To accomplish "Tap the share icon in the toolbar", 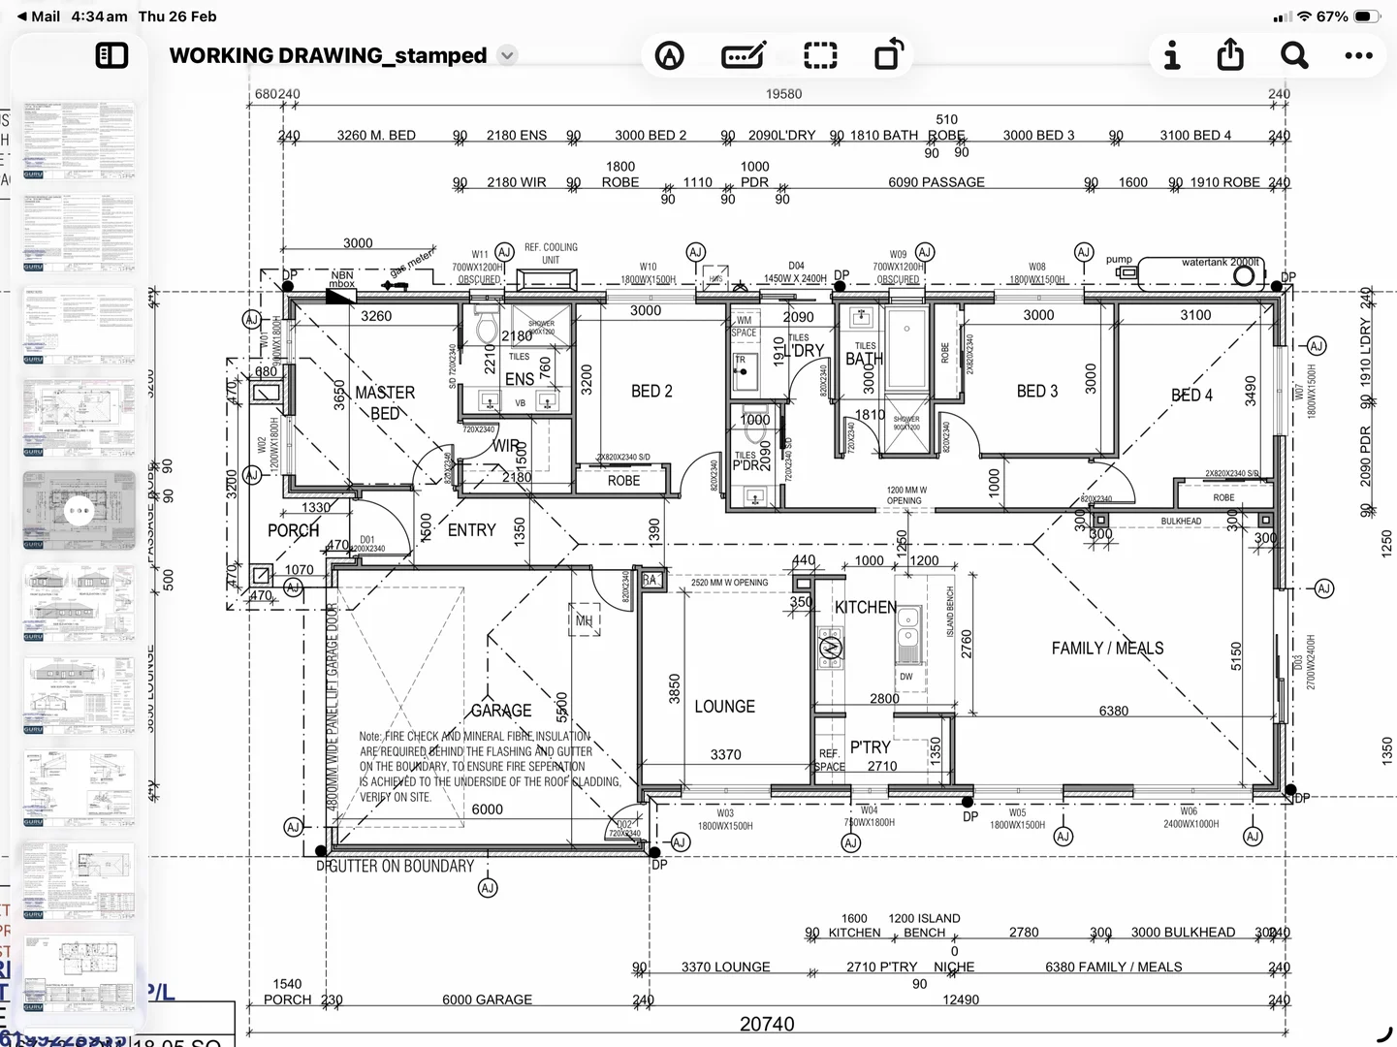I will (x=1230, y=55).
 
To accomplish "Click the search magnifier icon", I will (x=1294, y=55).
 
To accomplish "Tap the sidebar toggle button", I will (x=112, y=55).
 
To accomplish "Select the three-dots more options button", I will (x=1358, y=55).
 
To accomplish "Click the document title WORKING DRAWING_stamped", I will (x=328, y=55).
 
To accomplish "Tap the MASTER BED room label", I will (x=385, y=402).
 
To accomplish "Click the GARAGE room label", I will (x=501, y=711).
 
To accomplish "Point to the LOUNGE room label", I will (x=724, y=707).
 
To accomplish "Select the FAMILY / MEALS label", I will (x=1107, y=648).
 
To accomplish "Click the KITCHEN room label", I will (x=866, y=607).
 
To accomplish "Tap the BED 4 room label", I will (x=1191, y=395).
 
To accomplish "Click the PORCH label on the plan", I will (x=293, y=530).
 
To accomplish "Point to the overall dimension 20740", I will (x=767, y=1024).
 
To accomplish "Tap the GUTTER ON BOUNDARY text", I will (x=401, y=866).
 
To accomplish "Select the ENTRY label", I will (x=471, y=530).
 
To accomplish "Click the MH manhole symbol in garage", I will (x=584, y=620).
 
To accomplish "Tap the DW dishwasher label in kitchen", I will (x=905, y=677).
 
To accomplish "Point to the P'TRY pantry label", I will (x=870, y=747).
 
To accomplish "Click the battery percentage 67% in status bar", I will (x=1332, y=16).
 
